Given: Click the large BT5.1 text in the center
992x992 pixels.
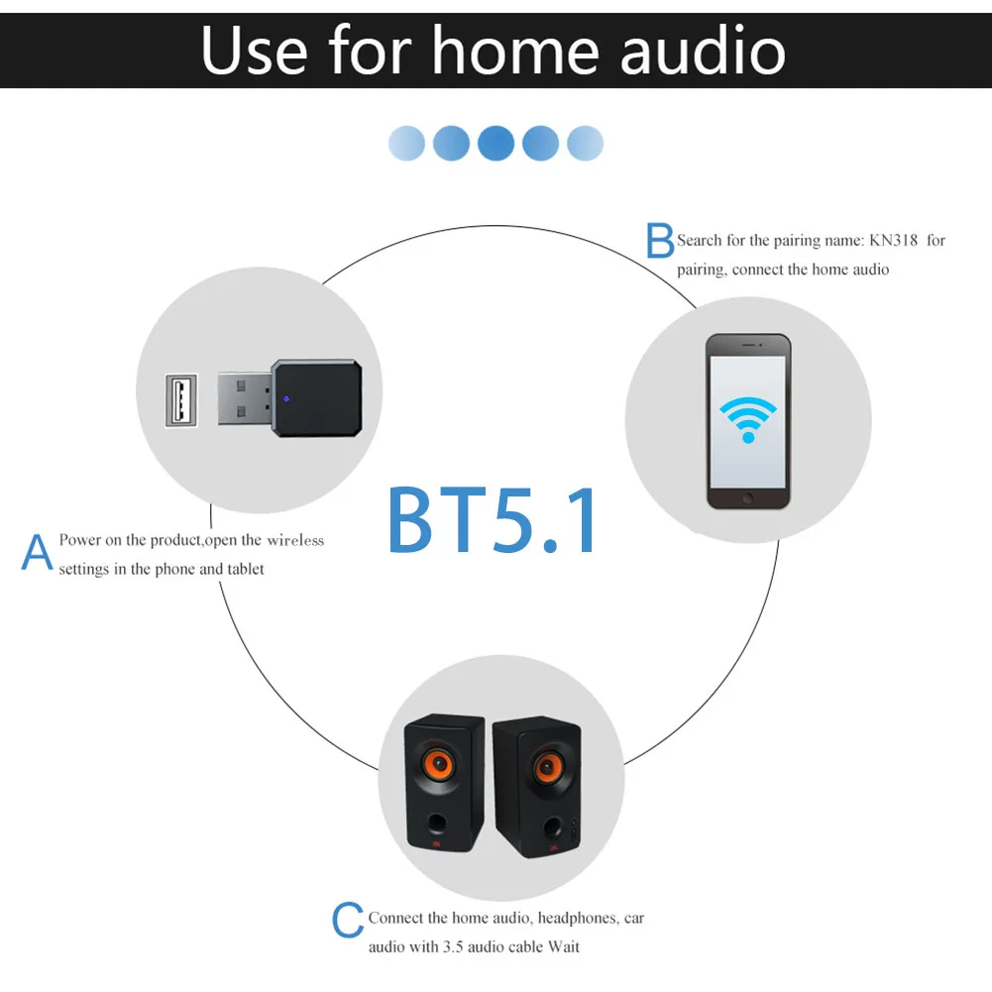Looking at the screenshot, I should click(493, 518).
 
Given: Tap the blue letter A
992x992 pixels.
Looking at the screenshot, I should click(37, 553).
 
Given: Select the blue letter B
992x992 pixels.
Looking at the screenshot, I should click(660, 241).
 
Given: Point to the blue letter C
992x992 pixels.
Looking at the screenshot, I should click(347, 922).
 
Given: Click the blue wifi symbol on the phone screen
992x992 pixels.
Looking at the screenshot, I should click(747, 418).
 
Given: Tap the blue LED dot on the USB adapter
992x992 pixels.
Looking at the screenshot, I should click(285, 400).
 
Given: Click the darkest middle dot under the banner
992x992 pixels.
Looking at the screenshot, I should click(496, 144).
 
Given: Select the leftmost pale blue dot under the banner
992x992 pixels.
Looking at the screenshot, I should click(406, 144).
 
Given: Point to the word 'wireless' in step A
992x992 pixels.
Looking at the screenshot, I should click(295, 540).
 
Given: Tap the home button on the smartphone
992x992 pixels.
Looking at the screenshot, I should click(748, 497).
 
